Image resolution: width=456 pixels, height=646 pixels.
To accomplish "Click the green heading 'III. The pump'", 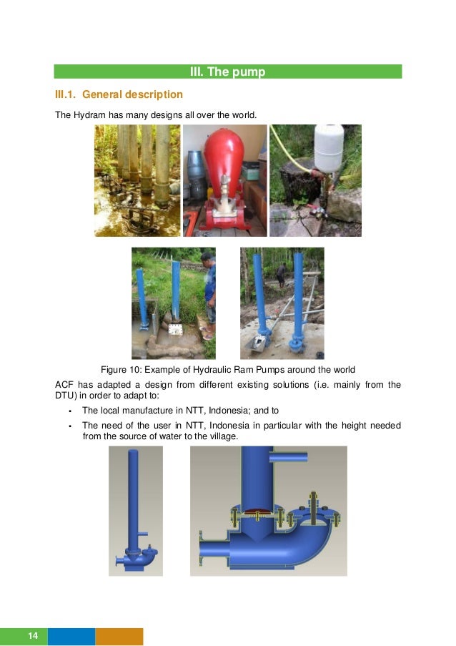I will (x=227, y=72).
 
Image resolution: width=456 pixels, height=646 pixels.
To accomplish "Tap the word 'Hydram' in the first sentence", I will (x=89, y=114).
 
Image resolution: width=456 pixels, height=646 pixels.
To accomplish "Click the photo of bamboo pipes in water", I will (x=137, y=180).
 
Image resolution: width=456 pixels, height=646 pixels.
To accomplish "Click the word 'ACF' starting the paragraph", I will (x=64, y=385).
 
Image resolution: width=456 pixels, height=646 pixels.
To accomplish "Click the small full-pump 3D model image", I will (x=136, y=511).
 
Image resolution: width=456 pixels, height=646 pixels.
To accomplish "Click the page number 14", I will (x=32, y=636).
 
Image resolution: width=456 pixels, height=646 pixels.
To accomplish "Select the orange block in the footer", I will (x=119, y=636).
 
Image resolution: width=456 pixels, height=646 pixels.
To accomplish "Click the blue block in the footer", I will (x=71, y=636).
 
